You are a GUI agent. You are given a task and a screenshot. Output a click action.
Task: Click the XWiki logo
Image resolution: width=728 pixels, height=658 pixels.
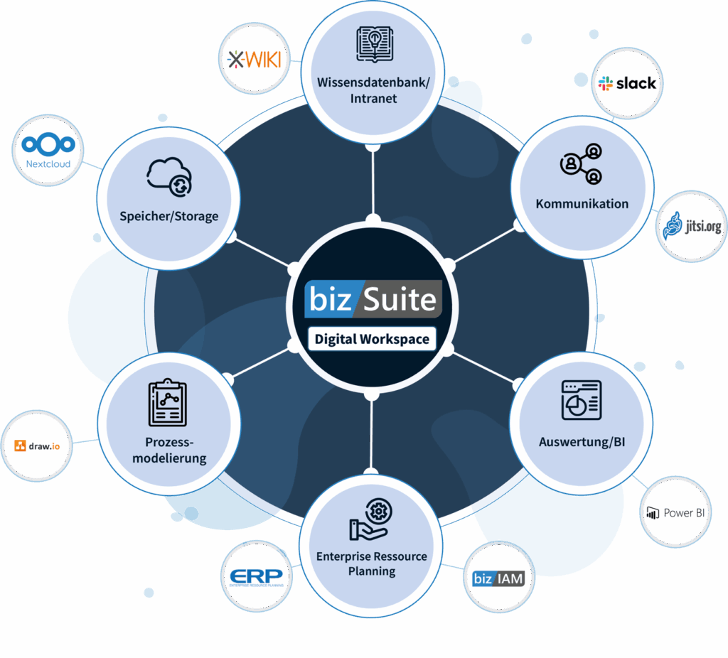click(254, 59)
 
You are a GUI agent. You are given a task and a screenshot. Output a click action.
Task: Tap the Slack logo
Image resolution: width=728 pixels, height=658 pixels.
click(627, 84)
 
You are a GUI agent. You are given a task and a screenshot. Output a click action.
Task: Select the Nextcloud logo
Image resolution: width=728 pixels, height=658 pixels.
click(48, 151)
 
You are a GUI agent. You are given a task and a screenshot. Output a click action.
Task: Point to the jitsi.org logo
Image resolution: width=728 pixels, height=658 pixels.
click(691, 225)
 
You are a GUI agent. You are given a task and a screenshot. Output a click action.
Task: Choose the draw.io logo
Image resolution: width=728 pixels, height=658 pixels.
click(37, 446)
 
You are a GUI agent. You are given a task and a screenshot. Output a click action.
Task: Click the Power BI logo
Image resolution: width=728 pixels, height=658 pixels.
click(675, 512)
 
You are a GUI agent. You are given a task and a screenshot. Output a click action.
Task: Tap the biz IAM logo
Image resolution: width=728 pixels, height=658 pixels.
click(498, 578)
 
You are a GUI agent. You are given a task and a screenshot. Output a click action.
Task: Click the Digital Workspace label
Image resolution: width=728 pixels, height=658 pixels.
click(372, 339)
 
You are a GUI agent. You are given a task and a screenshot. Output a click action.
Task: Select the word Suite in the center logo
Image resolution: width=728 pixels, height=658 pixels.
click(399, 299)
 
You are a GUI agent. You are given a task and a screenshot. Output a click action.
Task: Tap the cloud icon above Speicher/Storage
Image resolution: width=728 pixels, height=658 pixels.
click(169, 176)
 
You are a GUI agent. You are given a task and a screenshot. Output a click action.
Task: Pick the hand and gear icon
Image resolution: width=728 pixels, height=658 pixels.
click(370, 519)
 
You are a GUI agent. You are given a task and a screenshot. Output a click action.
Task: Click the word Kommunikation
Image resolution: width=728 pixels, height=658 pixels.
click(582, 204)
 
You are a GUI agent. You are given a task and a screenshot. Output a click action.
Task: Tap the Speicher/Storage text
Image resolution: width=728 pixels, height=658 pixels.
click(169, 216)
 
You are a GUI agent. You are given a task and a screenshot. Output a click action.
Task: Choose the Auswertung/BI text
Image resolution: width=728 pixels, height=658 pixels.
click(582, 443)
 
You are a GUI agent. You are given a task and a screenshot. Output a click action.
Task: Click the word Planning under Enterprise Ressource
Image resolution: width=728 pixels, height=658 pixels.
click(372, 571)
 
